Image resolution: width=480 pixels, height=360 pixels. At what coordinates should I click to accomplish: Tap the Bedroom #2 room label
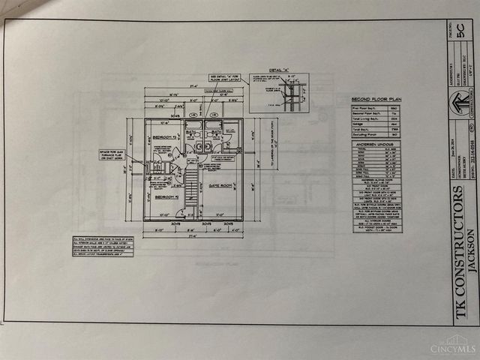(160, 196)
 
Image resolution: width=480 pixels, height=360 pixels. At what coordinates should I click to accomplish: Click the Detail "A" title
(278, 69)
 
